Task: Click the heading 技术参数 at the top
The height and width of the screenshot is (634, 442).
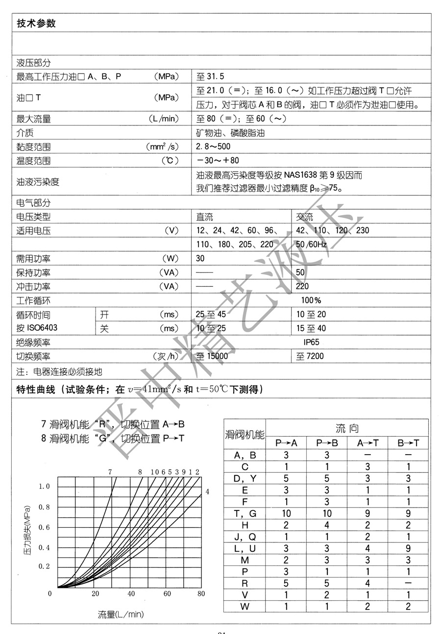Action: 36,23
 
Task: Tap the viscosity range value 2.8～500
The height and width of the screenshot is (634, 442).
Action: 213,146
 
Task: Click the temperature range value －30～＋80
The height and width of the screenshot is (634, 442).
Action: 218,160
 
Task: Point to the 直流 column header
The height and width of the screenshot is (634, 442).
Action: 205,216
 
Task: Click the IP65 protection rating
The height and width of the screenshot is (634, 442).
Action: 311,342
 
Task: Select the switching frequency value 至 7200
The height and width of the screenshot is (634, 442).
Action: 310,356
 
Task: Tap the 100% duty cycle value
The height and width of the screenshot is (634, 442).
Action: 311,300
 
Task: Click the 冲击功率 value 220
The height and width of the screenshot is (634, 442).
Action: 302,286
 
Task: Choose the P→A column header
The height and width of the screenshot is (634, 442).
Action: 286,443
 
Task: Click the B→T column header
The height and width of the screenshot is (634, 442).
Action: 408,443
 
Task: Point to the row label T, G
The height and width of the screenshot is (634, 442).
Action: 246,513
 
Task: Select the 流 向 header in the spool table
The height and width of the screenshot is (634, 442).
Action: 347,429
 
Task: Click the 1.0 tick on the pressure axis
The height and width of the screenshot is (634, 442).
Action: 45,486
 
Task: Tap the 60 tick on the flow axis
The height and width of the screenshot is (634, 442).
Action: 167,593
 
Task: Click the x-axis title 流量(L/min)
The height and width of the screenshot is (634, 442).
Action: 121,614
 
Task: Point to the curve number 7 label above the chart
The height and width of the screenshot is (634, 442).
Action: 110,472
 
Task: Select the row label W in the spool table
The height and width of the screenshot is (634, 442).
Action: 246,607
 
